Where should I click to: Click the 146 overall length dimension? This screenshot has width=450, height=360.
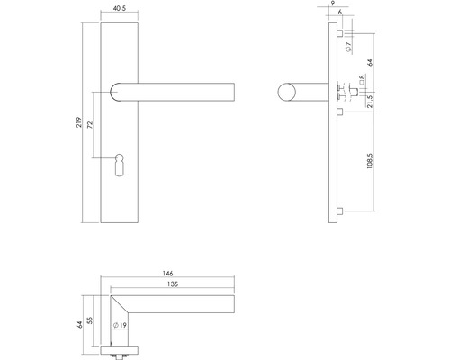click(168, 272)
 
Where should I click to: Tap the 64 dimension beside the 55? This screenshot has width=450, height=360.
click(80, 326)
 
